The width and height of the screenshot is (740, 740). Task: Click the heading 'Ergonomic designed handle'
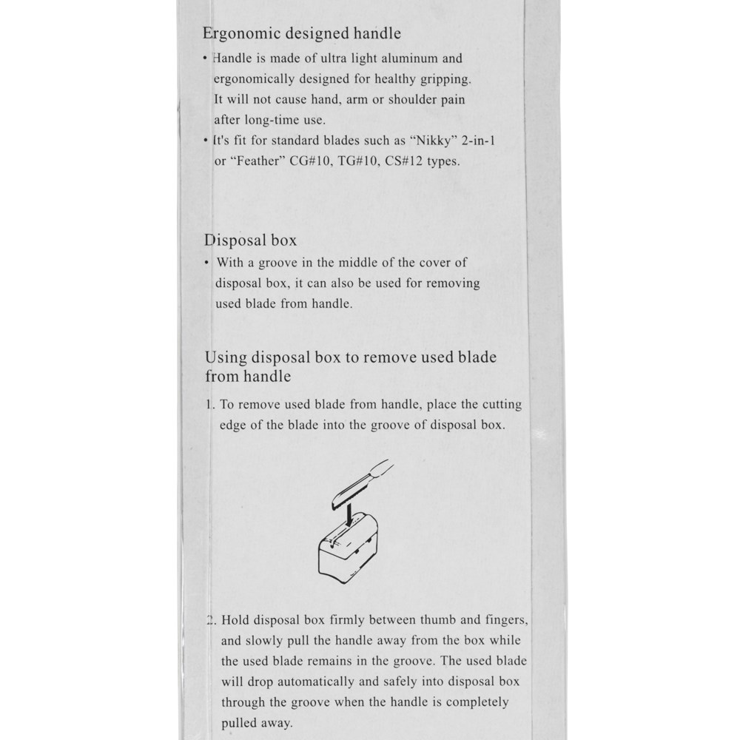(x=303, y=33)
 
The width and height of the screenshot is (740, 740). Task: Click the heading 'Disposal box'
(x=251, y=240)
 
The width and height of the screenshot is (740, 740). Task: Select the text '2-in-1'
(x=477, y=141)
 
